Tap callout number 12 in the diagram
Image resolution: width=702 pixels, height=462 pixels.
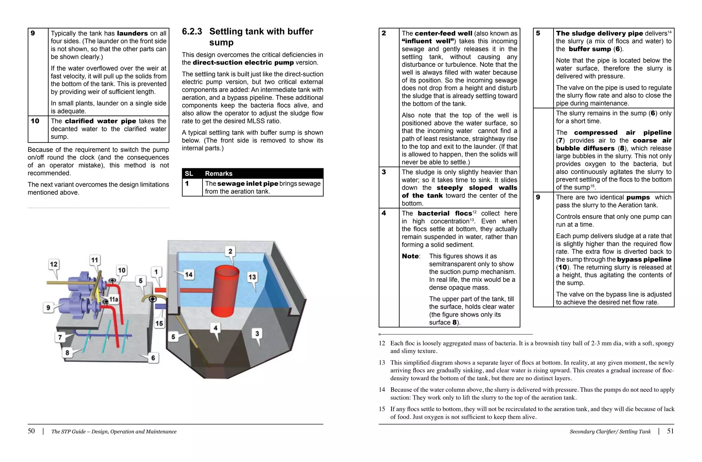pos(54,264)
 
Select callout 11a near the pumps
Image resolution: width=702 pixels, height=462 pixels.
pos(113,299)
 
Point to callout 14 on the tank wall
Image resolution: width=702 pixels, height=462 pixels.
pos(189,275)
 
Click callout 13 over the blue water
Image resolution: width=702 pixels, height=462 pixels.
pos(252,277)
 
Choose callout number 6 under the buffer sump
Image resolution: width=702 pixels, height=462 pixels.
pos(153,358)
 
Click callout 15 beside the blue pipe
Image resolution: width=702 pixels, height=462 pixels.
pos(159,323)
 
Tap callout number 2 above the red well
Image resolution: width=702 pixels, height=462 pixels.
pos(230,251)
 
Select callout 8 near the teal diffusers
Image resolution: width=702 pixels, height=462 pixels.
pos(67,352)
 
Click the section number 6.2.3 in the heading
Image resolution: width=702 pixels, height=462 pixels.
pos(192,32)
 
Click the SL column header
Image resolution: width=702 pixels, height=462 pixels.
pos(189,173)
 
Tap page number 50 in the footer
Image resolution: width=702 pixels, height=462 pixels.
pos(31,431)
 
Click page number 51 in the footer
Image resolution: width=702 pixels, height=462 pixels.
pos(670,431)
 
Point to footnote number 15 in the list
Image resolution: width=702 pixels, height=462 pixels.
pos(382,409)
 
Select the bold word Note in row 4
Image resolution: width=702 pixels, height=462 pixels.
pos(410,256)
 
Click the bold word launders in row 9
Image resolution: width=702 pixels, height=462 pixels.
pos(132,33)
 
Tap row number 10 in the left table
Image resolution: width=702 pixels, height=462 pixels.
pos(35,121)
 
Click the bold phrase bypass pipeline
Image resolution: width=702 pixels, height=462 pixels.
pos(644,259)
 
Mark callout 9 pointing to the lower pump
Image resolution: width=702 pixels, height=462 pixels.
pos(48,307)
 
